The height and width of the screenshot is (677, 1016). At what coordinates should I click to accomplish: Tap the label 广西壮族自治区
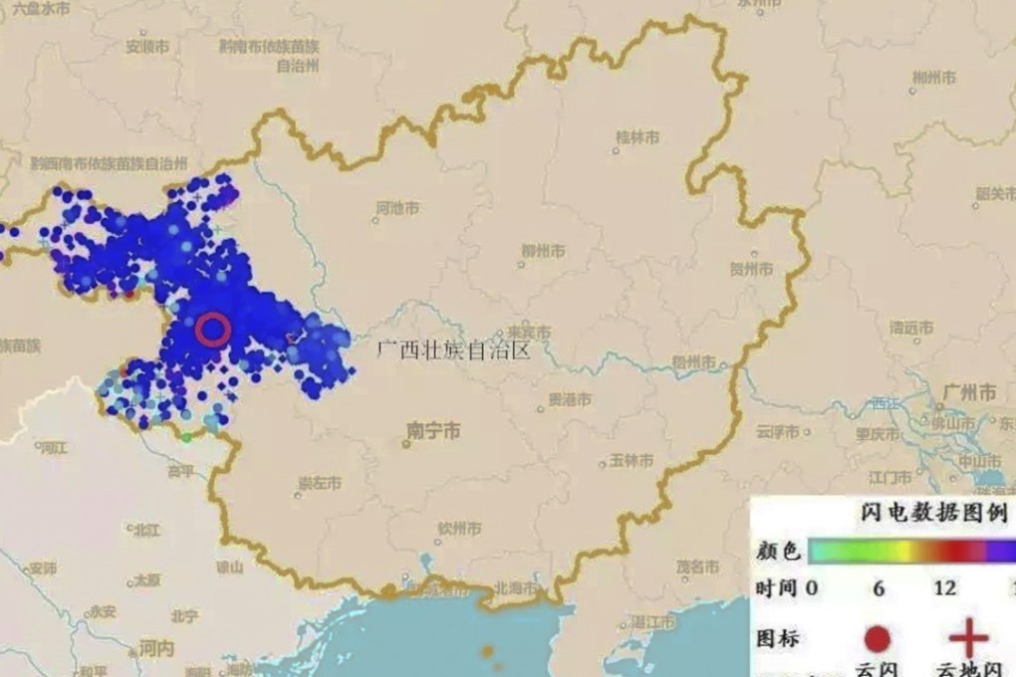[449, 349]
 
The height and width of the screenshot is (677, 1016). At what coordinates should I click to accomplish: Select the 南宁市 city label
[433, 430]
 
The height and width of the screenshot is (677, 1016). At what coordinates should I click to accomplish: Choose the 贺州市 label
[750, 269]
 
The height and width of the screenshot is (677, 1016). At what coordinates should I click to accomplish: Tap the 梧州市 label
[693, 363]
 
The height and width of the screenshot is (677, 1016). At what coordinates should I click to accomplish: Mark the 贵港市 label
[570, 400]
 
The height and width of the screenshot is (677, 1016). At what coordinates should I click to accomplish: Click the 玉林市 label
[632, 461]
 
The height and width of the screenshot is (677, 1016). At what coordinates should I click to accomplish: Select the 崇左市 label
[320, 483]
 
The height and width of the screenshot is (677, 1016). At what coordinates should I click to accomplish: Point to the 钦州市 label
[460, 528]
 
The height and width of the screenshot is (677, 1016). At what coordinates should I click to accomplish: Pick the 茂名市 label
[697, 566]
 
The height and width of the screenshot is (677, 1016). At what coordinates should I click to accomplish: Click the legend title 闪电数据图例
[932, 515]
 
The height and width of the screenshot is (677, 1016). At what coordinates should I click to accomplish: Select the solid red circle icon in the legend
[878, 638]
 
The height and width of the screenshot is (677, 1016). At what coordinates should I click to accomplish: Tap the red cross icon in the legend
[965, 637]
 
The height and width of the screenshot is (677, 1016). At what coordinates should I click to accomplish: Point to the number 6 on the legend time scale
[879, 588]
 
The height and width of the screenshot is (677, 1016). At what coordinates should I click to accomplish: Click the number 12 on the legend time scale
[944, 588]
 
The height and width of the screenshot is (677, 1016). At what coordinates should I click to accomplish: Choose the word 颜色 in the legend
[774, 551]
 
